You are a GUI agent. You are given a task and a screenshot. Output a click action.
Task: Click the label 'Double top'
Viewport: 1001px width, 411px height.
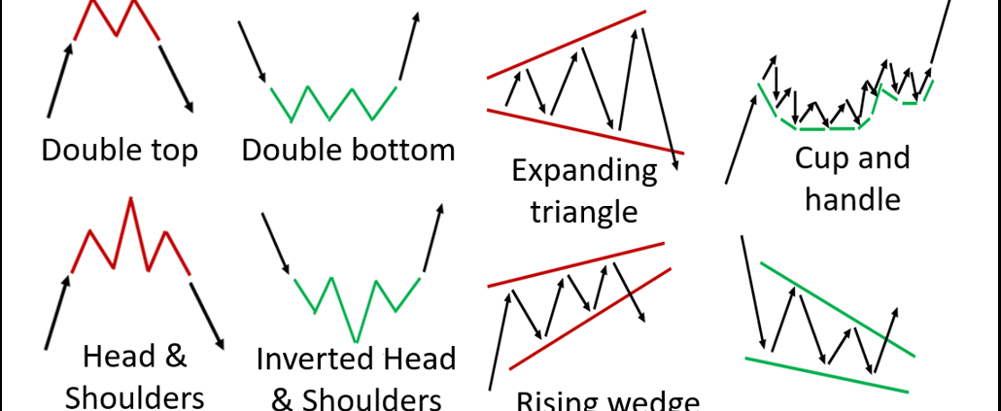point(120,151)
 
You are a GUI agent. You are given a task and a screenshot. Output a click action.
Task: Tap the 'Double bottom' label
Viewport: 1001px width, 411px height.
point(348,151)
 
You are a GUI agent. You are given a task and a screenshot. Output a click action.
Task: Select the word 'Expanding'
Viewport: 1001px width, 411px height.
point(584,173)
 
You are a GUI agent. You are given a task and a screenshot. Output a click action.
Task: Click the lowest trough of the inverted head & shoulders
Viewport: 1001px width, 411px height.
point(356,341)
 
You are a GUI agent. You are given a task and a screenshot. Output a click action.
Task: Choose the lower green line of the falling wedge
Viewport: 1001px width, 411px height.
point(826,375)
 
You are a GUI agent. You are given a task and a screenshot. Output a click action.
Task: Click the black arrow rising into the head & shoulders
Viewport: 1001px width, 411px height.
point(57,312)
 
